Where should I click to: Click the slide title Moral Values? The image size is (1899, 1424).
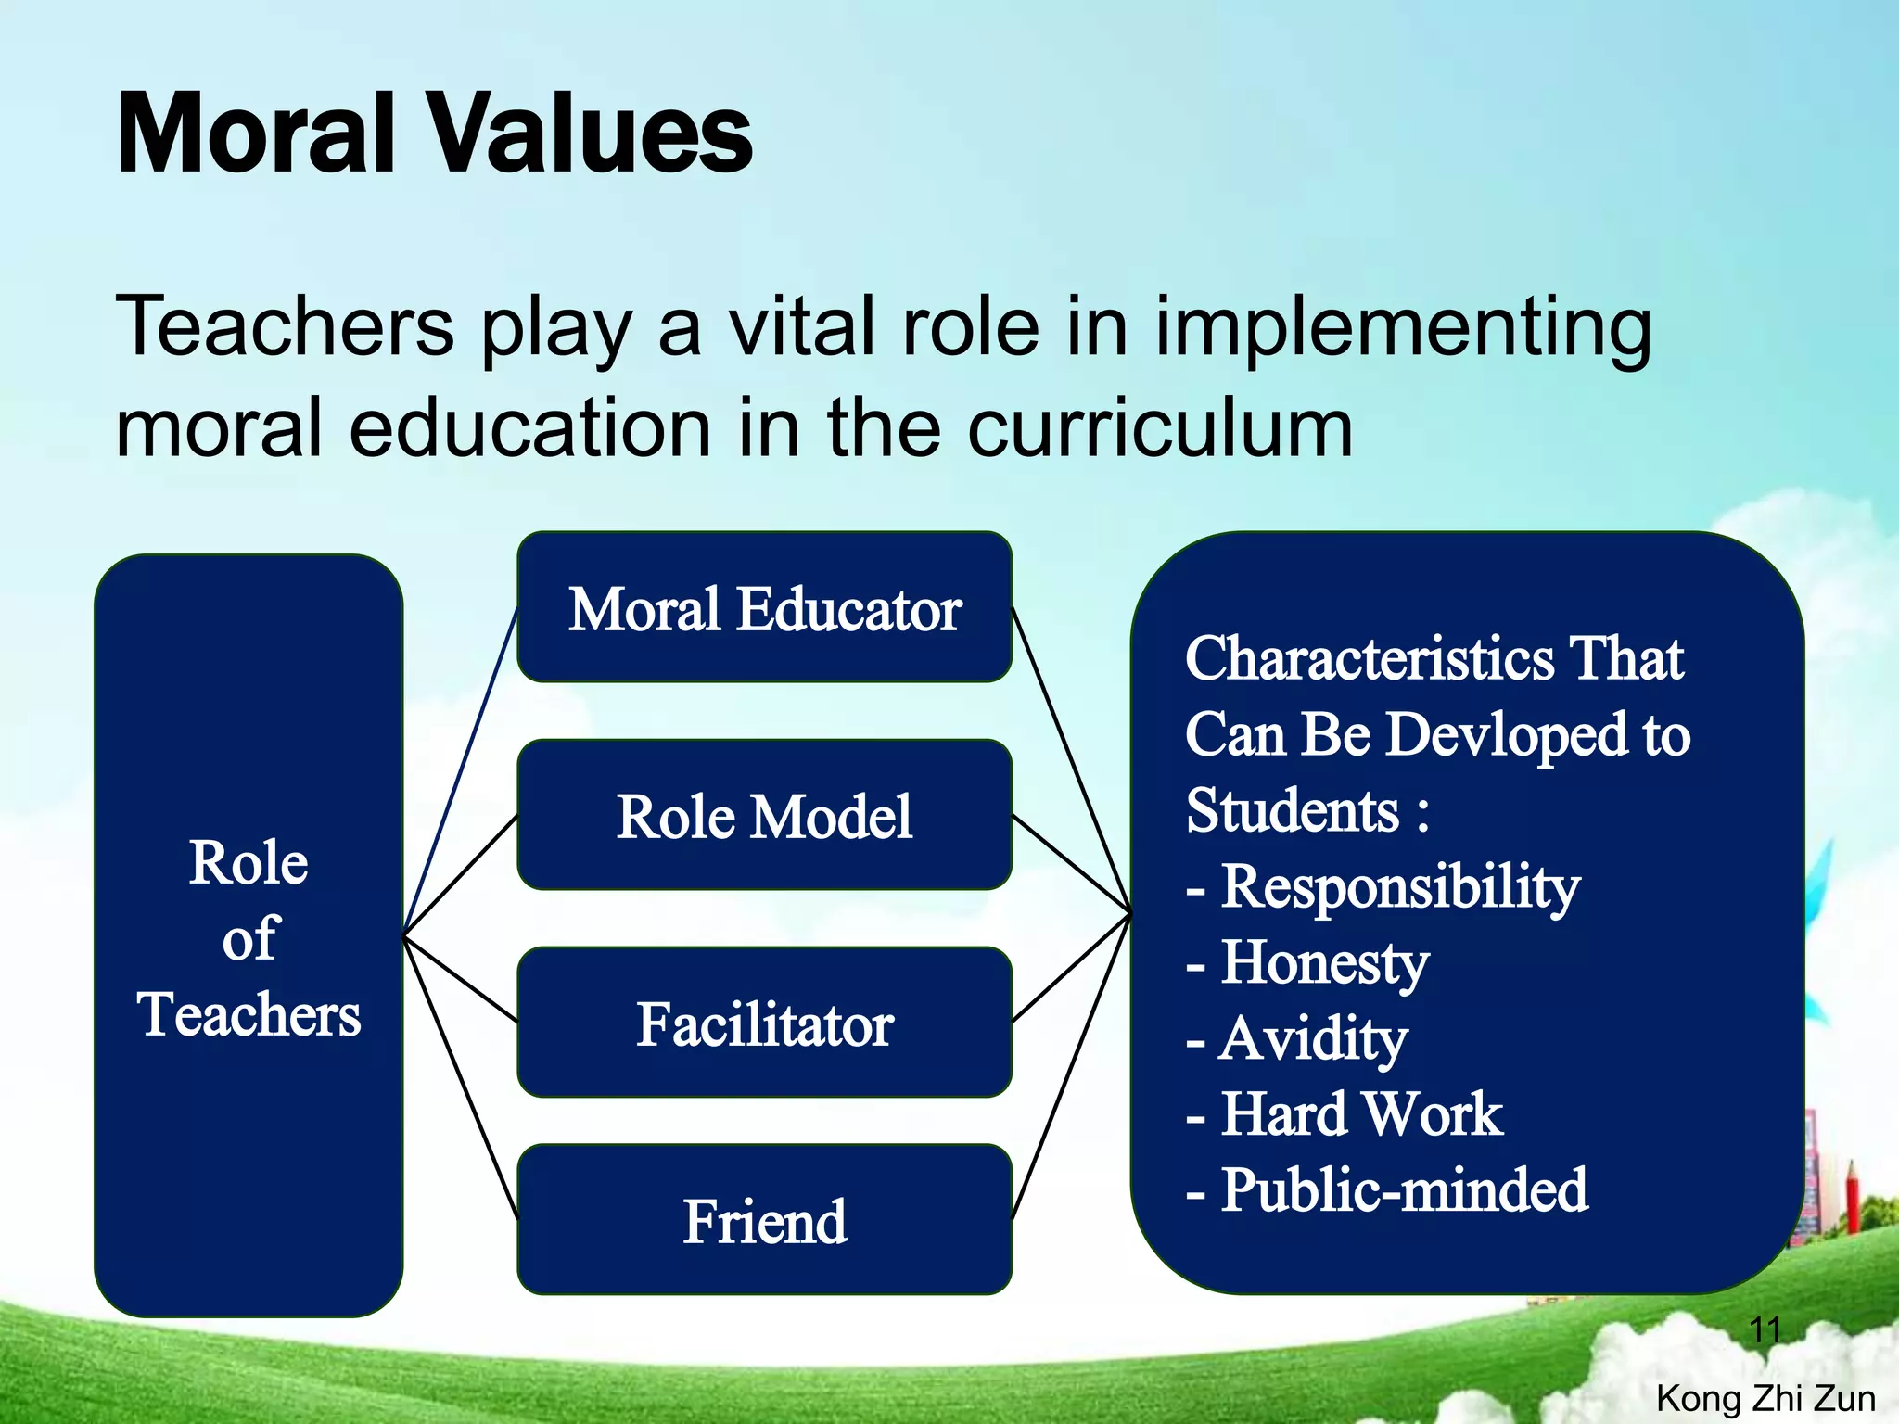pos(434,134)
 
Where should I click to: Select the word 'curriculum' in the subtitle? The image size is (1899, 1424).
pos(1159,428)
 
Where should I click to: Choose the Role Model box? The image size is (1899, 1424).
pos(764,816)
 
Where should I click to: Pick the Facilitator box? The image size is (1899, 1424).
pos(764,1023)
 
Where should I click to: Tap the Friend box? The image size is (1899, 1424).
pos(764,1220)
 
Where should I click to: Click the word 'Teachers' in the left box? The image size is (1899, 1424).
pos(249,1013)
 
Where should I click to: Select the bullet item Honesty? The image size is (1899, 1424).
pos(1324,963)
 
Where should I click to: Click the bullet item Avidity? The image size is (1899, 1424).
pos(1313,1039)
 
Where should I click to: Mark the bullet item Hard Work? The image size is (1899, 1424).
pos(1361,1113)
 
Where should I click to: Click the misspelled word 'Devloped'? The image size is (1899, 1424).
pos(1506,735)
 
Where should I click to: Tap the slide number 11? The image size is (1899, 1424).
pos(1765,1330)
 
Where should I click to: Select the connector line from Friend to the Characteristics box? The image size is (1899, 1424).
pos(1071,1066)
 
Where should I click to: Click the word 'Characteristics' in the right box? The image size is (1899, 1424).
pos(1369,659)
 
